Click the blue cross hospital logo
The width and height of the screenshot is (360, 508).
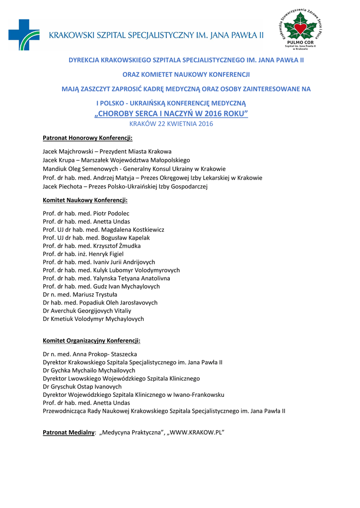23,35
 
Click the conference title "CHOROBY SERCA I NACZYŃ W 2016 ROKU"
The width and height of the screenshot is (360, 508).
171,114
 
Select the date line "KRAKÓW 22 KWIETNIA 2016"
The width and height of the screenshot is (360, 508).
171,124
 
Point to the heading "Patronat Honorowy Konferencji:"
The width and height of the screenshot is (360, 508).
87,138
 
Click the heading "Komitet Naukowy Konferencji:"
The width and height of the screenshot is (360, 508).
85,200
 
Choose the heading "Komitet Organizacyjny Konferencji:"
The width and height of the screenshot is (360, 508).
91,341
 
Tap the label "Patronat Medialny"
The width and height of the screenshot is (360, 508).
69,433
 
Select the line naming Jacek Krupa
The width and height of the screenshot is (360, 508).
116,160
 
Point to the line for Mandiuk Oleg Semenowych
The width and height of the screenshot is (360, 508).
134,169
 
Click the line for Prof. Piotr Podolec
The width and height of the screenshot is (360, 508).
86,213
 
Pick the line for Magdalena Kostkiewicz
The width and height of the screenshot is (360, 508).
103,230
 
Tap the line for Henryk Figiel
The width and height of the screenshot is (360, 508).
83,254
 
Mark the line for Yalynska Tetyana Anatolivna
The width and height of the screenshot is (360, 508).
106,278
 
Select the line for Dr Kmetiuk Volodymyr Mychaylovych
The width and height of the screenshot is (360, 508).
93,319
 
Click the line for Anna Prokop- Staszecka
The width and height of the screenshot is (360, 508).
90,354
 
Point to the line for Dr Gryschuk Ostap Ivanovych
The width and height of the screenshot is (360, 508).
82,386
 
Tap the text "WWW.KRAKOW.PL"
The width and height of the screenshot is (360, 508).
196,433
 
